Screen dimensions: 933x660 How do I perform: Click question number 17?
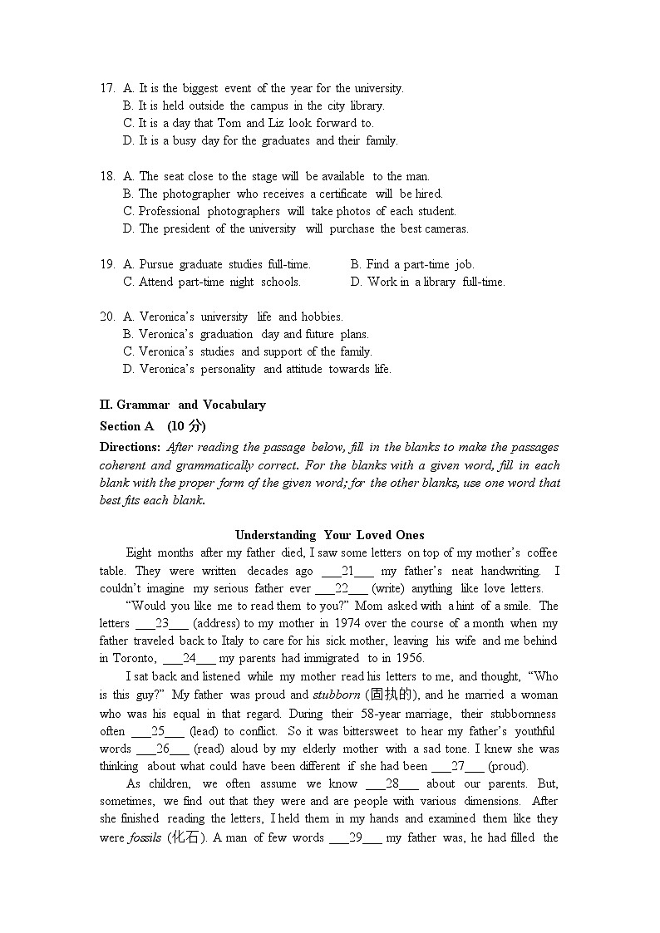[107, 88]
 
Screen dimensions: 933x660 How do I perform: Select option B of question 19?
[412, 264]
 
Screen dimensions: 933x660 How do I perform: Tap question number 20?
[107, 317]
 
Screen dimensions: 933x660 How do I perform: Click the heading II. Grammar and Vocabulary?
[182, 405]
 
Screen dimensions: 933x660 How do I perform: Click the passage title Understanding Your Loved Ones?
[329, 535]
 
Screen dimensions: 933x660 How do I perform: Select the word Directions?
[130, 447]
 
